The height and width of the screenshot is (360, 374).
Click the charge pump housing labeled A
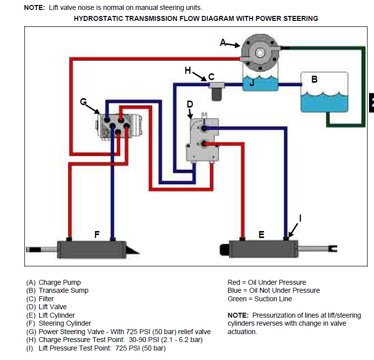coord(259,52)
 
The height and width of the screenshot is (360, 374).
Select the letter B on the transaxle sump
coord(314,79)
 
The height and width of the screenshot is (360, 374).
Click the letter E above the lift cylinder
coord(261,234)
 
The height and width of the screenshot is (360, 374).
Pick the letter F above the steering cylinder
coord(97,234)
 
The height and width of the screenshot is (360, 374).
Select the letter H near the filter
coord(188,71)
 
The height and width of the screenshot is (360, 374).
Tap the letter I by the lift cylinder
coord(300,218)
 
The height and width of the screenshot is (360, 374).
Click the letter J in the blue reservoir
coord(252,83)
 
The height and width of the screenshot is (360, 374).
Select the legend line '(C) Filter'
coord(40,299)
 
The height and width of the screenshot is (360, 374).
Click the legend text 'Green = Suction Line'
coord(259,299)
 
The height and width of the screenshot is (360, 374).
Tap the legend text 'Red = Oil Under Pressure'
coord(266,282)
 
